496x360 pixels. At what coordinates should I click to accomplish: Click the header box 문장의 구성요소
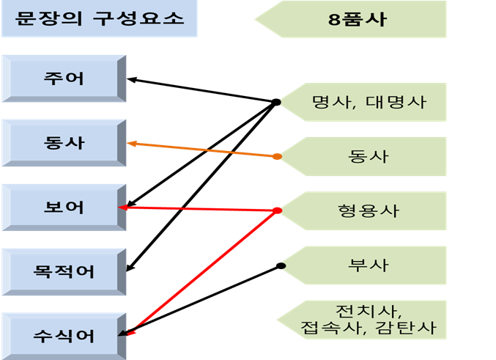click(98, 18)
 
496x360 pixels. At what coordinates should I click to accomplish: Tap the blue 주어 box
click(64, 78)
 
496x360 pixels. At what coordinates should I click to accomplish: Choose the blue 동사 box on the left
click(64, 142)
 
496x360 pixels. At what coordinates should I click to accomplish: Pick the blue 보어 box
click(64, 207)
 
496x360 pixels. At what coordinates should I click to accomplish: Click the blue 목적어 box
click(64, 271)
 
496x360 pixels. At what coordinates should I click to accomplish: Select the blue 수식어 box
click(64, 336)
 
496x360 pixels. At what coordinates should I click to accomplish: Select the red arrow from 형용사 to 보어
click(198, 209)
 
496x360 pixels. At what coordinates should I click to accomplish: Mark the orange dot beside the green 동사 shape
click(277, 156)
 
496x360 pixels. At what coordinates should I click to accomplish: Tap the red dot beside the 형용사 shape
click(277, 211)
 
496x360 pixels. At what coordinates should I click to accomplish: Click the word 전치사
click(363, 309)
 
